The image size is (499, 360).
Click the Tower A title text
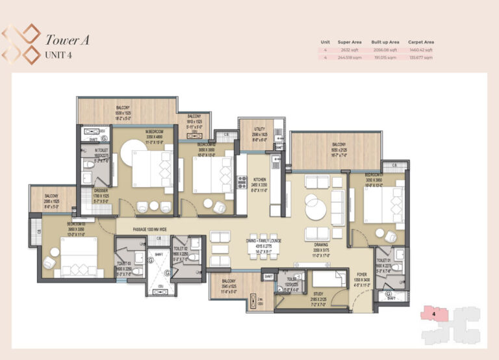click(x=67, y=40)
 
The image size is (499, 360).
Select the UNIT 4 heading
click(x=58, y=55)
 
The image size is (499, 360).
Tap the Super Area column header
click(x=349, y=42)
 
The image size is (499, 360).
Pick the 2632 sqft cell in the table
click(x=349, y=50)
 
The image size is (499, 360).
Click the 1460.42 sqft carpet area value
click(x=420, y=50)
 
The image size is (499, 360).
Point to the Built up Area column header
click(x=385, y=42)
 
